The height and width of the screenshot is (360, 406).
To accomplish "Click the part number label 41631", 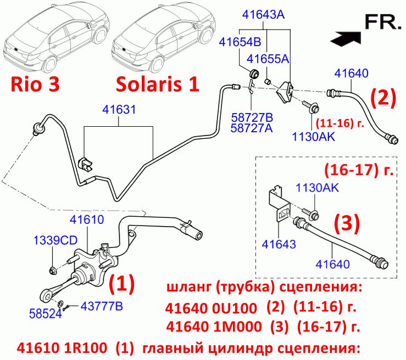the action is pyautogui.click(x=119, y=110).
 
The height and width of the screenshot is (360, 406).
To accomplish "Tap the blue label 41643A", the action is pyautogui.click(x=263, y=14).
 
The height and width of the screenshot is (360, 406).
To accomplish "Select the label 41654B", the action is pyautogui.click(x=240, y=42).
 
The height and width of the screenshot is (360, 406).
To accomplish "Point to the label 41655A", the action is pyautogui.click(x=268, y=59).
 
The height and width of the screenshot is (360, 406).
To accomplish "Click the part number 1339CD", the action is pyautogui.click(x=55, y=240).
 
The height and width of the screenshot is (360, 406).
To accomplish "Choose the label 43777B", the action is pyautogui.click(x=102, y=306).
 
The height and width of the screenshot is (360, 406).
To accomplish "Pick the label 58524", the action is pyautogui.click(x=46, y=314).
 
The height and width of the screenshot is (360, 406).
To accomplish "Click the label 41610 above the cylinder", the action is pyautogui.click(x=87, y=220).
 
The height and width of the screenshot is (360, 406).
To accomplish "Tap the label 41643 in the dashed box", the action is pyautogui.click(x=279, y=244).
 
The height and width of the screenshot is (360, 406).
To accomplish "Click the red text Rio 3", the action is pyautogui.click(x=35, y=85).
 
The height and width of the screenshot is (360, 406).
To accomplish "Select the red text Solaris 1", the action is pyautogui.click(x=158, y=85).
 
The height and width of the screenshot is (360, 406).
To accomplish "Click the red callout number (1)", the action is pyautogui.click(x=122, y=284).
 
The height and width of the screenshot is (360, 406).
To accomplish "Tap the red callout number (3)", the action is pyautogui.click(x=347, y=222).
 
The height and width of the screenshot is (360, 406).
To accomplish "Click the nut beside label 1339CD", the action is pyautogui.click(x=52, y=271).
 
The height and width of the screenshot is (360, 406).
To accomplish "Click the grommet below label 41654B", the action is pyautogui.click(x=253, y=74).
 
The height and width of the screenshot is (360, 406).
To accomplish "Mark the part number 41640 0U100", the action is pyautogui.click(x=211, y=308).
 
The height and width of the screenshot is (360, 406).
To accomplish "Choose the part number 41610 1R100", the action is pyautogui.click(x=62, y=348).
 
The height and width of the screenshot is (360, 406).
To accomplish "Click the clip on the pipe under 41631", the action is pyautogui.click(x=85, y=165).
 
